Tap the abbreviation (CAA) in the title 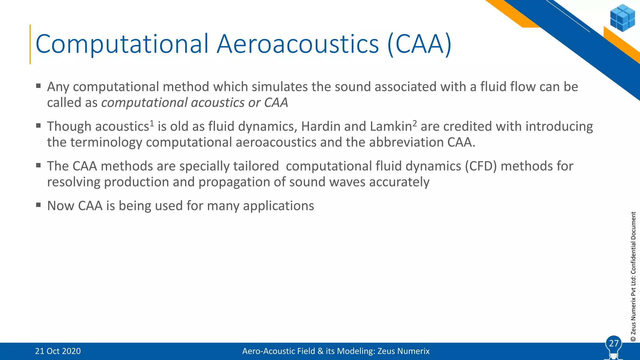pyautogui.click(x=419, y=44)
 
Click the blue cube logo pyautogui.click(x=622, y=18)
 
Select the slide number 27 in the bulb pyautogui.click(x=614, y=343)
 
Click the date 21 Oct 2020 pyautogui.click(x=58, y=351)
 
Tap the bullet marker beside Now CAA pyautogui.click(x=38, y=205)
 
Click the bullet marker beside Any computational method pyautogui.click(x=38, y=86)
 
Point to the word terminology pyautogui.click(x=106, y=142)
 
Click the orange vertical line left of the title pyautogui.click(x=30, y=44)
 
